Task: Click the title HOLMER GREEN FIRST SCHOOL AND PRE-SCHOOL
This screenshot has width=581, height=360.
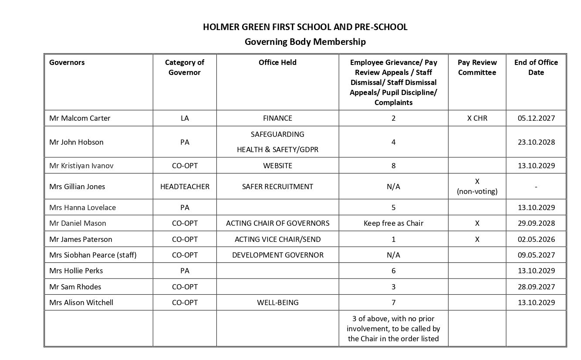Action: point(305,27)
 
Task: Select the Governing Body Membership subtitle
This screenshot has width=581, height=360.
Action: point(305,42)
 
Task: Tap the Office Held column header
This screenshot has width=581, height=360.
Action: point(277,62)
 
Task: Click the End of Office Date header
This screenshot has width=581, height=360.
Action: point(536,67)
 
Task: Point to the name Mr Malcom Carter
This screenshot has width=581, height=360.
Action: point(80,118)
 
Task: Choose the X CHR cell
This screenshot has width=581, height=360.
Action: point(477,118)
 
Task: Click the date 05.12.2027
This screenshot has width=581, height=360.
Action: point(536,118)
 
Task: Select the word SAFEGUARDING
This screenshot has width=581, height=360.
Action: point(277,134)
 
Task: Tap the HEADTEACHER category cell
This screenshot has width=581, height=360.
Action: point(185,187)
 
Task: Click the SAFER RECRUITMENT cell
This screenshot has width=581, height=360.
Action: point(277,187)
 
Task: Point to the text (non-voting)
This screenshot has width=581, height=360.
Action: point(477,191)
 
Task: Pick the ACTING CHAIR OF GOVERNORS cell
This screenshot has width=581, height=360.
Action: point(277,223)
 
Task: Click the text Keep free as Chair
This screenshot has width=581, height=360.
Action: point(393,223)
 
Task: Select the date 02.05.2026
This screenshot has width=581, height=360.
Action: point(536,239)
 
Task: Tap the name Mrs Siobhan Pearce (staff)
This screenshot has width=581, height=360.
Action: point(93,255)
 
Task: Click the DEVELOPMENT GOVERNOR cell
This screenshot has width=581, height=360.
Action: point(277,255)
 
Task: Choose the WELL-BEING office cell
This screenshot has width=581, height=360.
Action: point(277,302)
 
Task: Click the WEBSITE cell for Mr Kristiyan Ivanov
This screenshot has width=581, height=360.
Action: point(277,166)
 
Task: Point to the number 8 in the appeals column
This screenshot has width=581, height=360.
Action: point(393,166)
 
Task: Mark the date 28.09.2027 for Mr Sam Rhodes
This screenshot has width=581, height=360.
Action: point(536,287)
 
